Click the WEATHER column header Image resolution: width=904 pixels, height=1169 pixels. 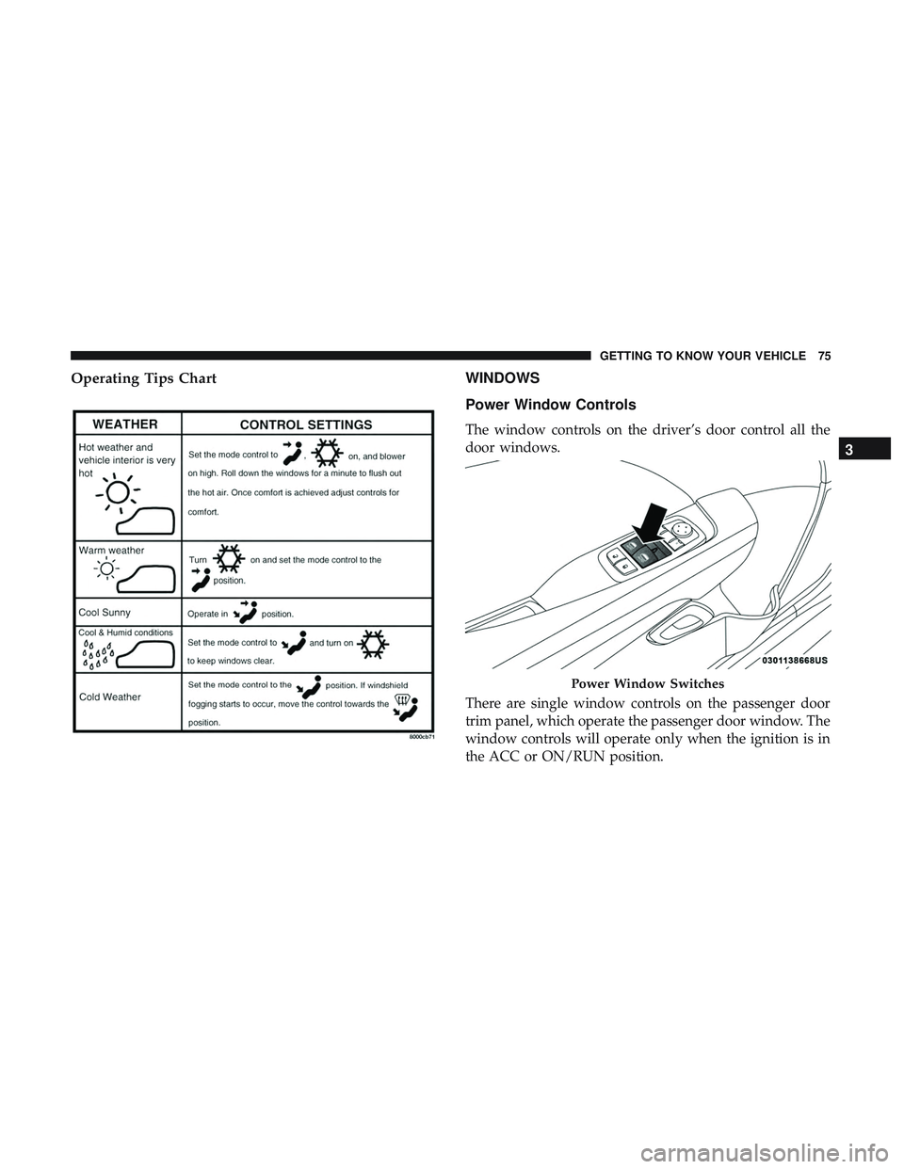[x=125, y=424]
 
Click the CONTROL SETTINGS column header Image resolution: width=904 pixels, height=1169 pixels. [x=306, y=424]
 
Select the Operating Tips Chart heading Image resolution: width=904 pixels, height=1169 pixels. [x=144, y=378]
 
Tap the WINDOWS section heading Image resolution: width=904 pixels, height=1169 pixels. [x=503, y=378]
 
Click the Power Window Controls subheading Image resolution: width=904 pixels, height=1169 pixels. [x=551, y=405]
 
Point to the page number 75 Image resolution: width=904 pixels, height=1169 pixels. [x=825, y=356]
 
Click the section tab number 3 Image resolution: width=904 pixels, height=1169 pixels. [x=864, y=449]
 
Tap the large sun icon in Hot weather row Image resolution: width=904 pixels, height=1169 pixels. [x=119, y=492]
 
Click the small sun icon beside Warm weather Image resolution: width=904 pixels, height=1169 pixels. [x=106, y=568]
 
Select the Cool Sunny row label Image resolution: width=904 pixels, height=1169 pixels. [x=105, y=612]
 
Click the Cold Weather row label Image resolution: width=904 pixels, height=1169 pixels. [x=110, y=697]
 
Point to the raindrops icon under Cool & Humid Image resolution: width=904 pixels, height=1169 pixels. [x=98, y=656]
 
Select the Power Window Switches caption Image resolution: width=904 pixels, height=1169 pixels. [x=648, y=683]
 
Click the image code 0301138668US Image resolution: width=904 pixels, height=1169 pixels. [x=795, y=661]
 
